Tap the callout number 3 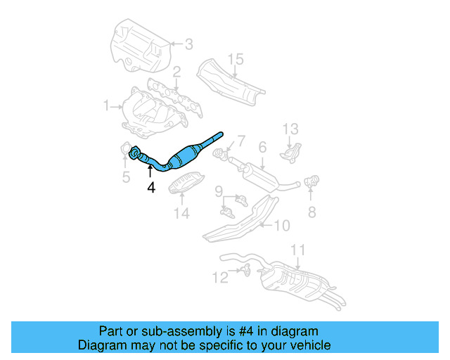point(188,46)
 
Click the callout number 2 point(176,72)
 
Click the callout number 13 point(291,129)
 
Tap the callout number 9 point(219,191)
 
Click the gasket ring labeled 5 point(126,150)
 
